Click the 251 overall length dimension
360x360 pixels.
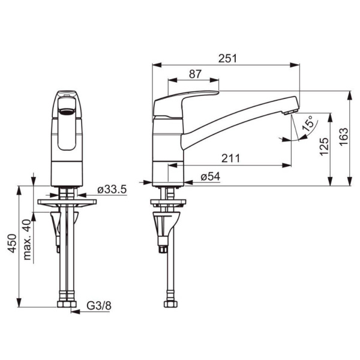coord(227,59)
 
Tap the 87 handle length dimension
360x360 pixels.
coord(195,74)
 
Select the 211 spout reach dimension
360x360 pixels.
coord(230,158)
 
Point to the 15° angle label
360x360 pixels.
coord(308,123)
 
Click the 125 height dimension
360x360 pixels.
coord(324,146)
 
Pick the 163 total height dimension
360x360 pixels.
coord(344,137)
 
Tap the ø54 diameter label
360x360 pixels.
coord(211,176)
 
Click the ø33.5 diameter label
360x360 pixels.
coord(112,190)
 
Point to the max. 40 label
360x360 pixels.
coord(27,239)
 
